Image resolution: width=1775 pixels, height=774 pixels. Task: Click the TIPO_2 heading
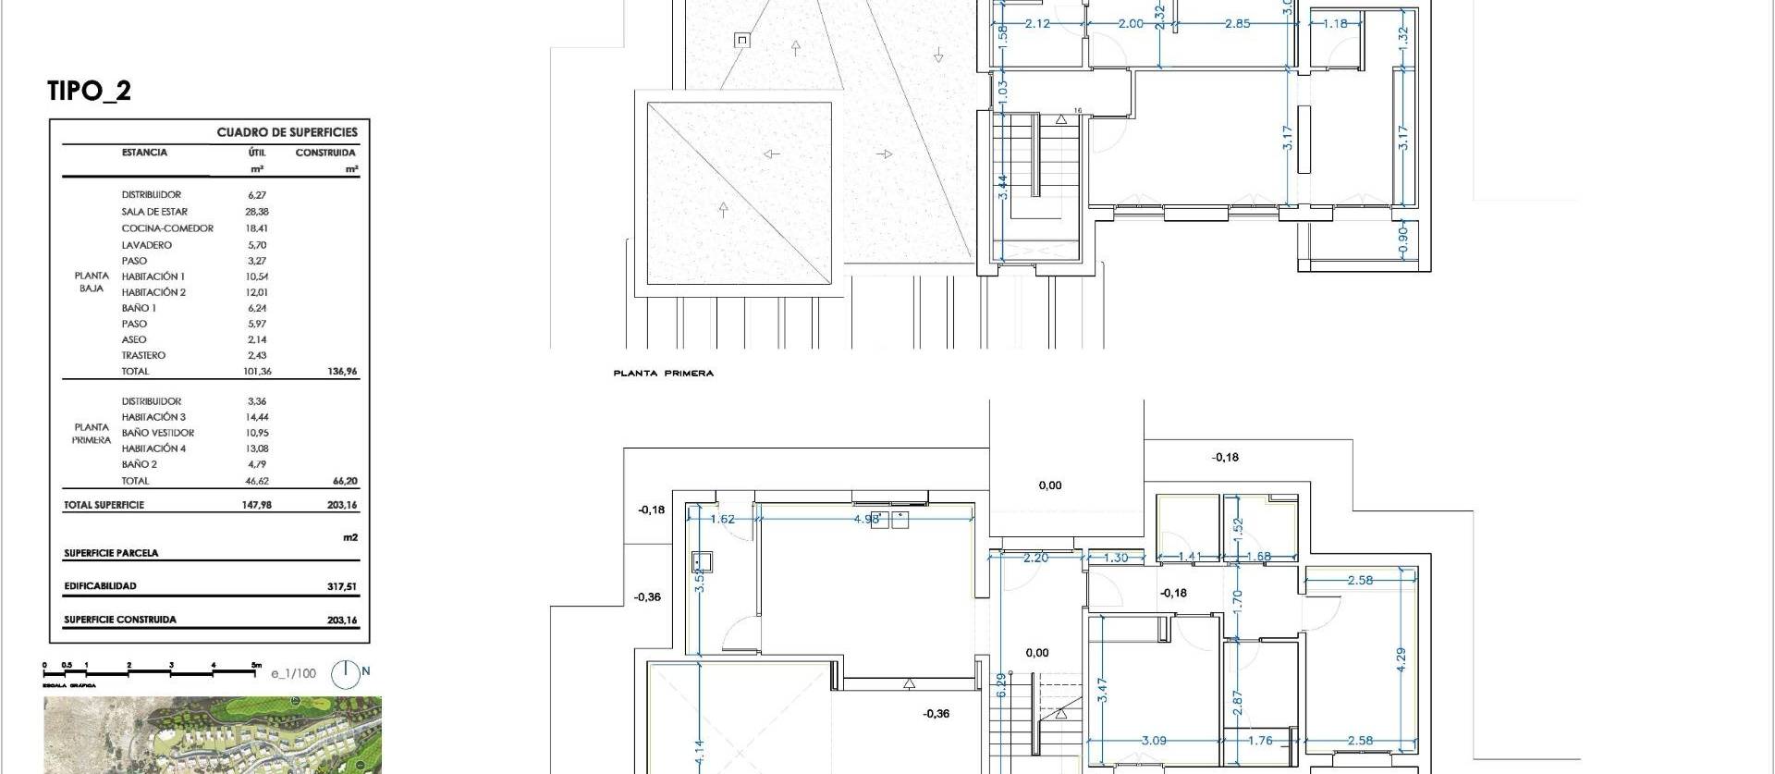tap(89, 91)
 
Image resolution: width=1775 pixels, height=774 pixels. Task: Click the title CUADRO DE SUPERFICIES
tap(287, 132)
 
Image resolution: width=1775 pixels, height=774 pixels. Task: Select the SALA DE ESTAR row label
tap(154, 212)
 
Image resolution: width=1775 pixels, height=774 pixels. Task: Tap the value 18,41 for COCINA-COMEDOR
tap(257, 228)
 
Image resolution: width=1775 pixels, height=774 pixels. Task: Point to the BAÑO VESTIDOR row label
tap(158, 433)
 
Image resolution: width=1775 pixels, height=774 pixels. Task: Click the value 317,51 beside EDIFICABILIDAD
tap(341, 586)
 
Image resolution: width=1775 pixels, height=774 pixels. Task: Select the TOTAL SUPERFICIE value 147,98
tap(257, 505)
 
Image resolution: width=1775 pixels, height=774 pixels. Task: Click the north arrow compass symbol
tap(346, 674)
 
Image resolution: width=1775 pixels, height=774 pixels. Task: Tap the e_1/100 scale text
tap(293, 673)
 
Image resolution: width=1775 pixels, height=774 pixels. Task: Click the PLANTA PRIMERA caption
tap(663, 374)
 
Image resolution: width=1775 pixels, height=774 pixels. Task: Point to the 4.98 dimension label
tap(866, 519)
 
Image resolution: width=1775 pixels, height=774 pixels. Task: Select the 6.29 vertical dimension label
tap(1001, 685)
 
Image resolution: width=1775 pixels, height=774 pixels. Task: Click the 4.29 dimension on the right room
tap(1402, 659)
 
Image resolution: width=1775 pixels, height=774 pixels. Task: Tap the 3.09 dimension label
tap(1153, 741)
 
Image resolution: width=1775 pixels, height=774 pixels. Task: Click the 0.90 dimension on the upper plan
tap(1403, 238)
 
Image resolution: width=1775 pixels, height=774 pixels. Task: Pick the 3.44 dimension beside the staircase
tap(1003, 188)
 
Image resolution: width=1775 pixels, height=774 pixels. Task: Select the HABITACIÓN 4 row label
tap(153, 448)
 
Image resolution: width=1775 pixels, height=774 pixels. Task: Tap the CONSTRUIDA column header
tap(325, 153)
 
